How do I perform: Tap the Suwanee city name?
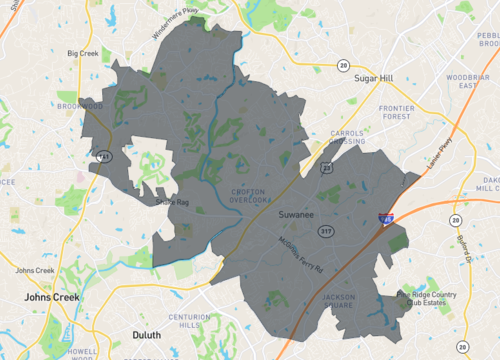coord(297,213)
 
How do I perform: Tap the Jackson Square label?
coord(339,301)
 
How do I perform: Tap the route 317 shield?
coord(326,232)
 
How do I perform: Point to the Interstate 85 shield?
coord(385,217)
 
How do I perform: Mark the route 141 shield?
coord(104,155)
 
